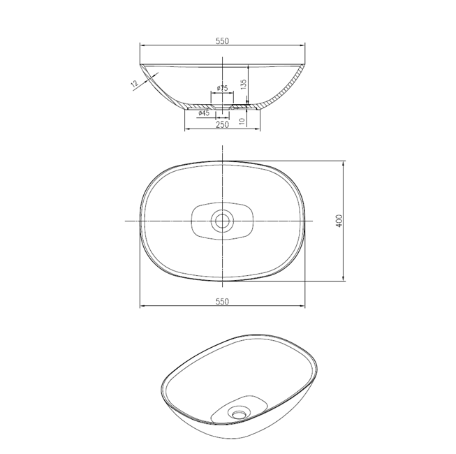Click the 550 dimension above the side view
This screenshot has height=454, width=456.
tap(222, 41)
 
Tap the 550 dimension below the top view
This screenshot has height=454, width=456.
tap(222, 302)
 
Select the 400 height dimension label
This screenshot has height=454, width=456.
tap(339, 221)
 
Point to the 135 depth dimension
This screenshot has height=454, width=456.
tap(244, 84)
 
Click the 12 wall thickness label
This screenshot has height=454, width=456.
tap(134, 84)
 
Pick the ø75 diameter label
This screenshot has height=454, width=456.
tap(222, 88)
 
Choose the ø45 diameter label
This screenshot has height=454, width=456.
tap(204, 113)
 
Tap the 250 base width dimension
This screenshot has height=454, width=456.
tap(222, 125)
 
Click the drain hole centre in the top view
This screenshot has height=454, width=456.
tap(223, 221)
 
